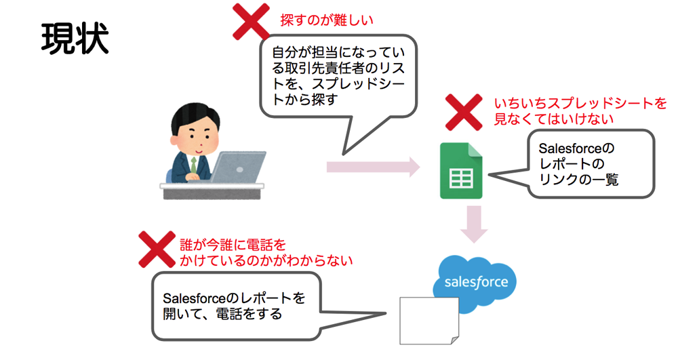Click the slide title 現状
pos(75,39)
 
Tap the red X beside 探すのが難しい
pos(252,22)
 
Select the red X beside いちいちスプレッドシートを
pos(464,113)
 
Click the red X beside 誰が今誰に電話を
pos(157,249)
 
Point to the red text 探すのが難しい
pos(327,20)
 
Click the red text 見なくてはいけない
pos(554,119)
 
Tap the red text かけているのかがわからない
pos(266,260)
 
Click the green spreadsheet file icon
pos(461,171)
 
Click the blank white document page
pos(429,321)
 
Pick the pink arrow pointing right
pos(373,167)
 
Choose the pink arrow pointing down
pos(474,224)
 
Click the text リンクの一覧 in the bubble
pos(578,180)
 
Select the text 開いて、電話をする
pos(222,314)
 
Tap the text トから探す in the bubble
pos(304,100)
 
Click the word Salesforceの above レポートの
pos(576,148)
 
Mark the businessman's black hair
pos(195,115)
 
